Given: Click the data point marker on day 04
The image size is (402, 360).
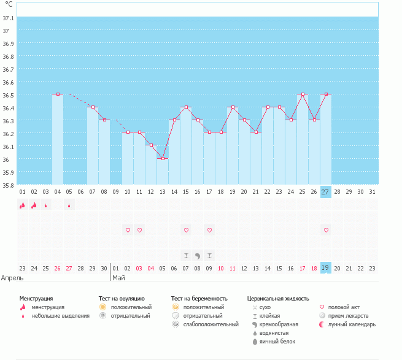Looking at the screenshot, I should pos(58,94).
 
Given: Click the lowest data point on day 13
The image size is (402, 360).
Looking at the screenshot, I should pos(163,158).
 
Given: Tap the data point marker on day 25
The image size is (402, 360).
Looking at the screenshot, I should pos(303,94).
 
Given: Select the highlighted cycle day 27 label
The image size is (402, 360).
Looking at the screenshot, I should pos(325,191).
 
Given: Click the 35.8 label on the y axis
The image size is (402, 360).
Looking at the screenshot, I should pos(9,185).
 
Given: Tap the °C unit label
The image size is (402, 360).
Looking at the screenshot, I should pos(9,4).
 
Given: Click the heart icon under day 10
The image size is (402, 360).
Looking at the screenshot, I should pos(128,230).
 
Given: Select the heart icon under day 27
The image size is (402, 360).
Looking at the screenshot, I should pos(326,230).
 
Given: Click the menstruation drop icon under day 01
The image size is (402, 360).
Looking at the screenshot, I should pos(22,205).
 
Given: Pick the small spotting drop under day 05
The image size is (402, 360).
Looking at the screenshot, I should pos(69,205).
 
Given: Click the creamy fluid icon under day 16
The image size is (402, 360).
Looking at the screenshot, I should pos(198,255).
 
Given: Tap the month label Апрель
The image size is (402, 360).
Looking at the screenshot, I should pos(13,278).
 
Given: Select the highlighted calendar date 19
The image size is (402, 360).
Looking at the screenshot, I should pos(325,268).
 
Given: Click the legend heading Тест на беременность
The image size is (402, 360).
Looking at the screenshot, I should pos(203,298).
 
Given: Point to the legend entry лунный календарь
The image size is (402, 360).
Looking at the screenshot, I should pos(352,324).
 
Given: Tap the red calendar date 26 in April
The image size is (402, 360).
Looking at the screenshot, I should pos(57,268).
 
